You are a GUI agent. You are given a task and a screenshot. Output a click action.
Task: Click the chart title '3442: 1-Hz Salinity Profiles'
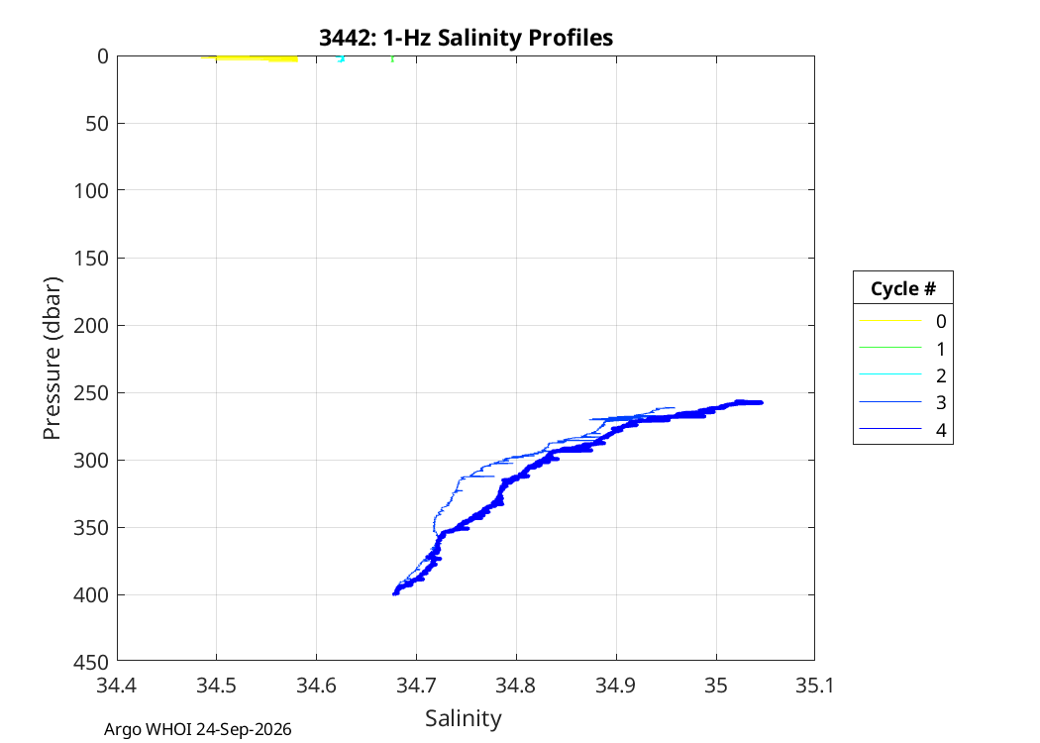(466, 38)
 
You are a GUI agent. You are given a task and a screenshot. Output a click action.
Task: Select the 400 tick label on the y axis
(91, 595)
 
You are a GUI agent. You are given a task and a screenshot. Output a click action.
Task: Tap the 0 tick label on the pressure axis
(103, 56)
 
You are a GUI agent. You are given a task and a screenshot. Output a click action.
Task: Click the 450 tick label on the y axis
(91, 662)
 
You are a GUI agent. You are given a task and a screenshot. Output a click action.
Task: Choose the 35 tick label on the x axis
(716, 686)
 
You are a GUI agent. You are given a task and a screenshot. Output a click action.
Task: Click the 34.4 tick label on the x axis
(117, 686)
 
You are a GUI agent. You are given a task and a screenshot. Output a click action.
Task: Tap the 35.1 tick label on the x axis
(814, 686)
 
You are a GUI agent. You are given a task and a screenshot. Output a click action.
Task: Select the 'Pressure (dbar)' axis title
(52, 359)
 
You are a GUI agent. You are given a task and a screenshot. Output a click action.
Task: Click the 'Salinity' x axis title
(464, 718)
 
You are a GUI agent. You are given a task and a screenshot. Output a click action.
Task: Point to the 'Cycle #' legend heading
(903, 288)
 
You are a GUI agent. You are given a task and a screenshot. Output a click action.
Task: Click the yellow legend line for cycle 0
(890, 320)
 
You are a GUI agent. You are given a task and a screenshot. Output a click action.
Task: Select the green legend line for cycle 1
(890, 347)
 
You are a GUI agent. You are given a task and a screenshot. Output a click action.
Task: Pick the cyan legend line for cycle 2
(890, 374)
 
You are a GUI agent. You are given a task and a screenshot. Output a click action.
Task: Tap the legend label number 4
(941, 431)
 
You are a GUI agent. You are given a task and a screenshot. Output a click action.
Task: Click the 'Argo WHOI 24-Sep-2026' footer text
(198, 730)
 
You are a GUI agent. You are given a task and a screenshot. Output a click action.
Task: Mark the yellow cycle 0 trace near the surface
(250, 59)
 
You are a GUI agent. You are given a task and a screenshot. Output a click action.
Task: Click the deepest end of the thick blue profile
(395, 593)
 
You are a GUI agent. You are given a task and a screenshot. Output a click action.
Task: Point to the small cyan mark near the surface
(341, 59)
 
